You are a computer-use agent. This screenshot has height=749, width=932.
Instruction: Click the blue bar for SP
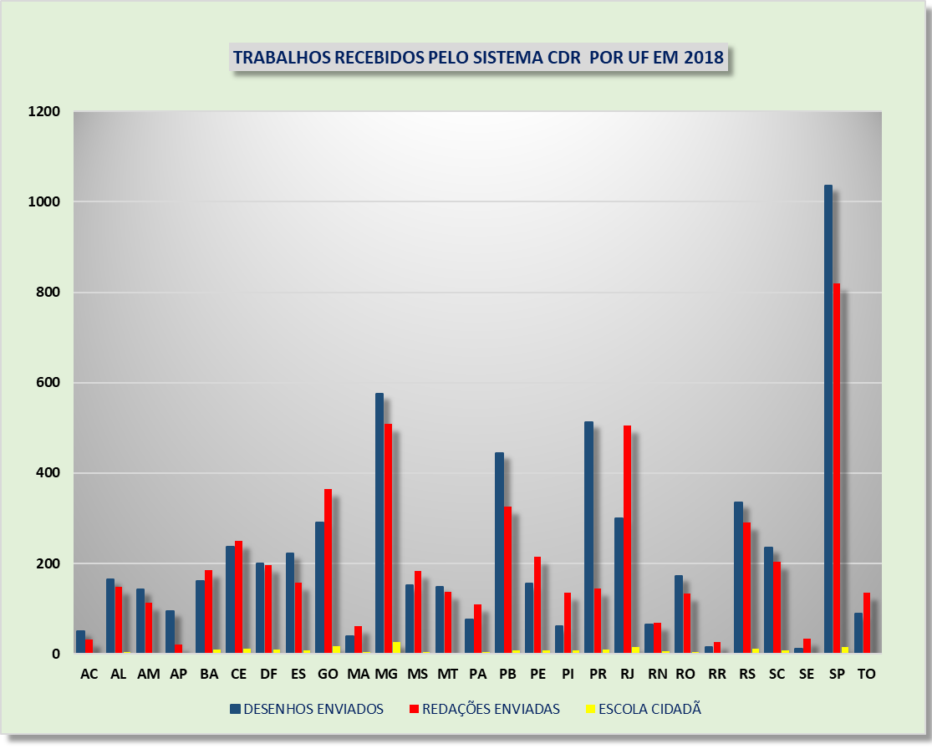pyautogui.click(x=828, y=418)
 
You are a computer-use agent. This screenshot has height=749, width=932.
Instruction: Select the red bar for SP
pyautogui.click(x=837, y=468)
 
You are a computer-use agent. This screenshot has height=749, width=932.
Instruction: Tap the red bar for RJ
pyautogui.click(x=627, y=539)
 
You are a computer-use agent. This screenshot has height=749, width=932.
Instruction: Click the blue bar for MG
pyautogui.click(x=379, y=522)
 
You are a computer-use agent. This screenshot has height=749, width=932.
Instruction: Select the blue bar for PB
pyautogui.click(x=499, y=553)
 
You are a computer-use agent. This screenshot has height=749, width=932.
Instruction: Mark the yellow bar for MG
pyautogui.click(x=396, y=648)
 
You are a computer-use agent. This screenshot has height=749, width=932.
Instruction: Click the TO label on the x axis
pyautogui.click(x=867, y=675)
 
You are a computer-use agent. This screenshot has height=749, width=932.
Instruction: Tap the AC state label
pyautogui.click(x=89, y=675)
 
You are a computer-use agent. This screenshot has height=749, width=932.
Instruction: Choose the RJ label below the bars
pyautogui.click(x=628, y=675)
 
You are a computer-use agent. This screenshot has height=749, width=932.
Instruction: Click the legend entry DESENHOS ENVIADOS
pyautogui.click(x=313, y=709)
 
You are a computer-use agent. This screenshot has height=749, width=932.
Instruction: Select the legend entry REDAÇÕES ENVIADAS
pyautogui.click(x=491, y=709)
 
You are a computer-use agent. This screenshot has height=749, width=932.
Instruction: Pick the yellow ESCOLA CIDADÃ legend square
pyautogui.click(x=590, y=709)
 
